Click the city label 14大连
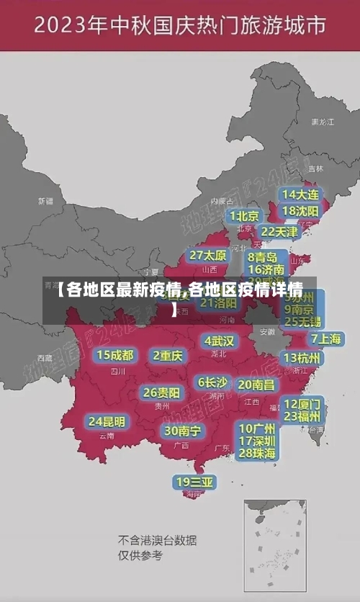(x=300, y=194)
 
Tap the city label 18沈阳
(x=300, y=211)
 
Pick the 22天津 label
(x=279, y=232)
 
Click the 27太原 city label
(x=207, y=256)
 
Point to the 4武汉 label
(x=219, y=341)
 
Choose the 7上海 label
(x=325, y=338)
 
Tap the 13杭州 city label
(x=302, y=358)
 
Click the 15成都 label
(x=114, y=355)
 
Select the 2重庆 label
(x=168, y=355)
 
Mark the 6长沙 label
(x=212, y=382)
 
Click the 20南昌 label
(x=256, y=385)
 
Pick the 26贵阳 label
(x=161, y=392)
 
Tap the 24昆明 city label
(x=107, y=421)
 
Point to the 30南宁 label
(x=182, y=431)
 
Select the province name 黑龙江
(x=322, y=122)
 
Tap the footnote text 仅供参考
(x=140, y=555)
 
